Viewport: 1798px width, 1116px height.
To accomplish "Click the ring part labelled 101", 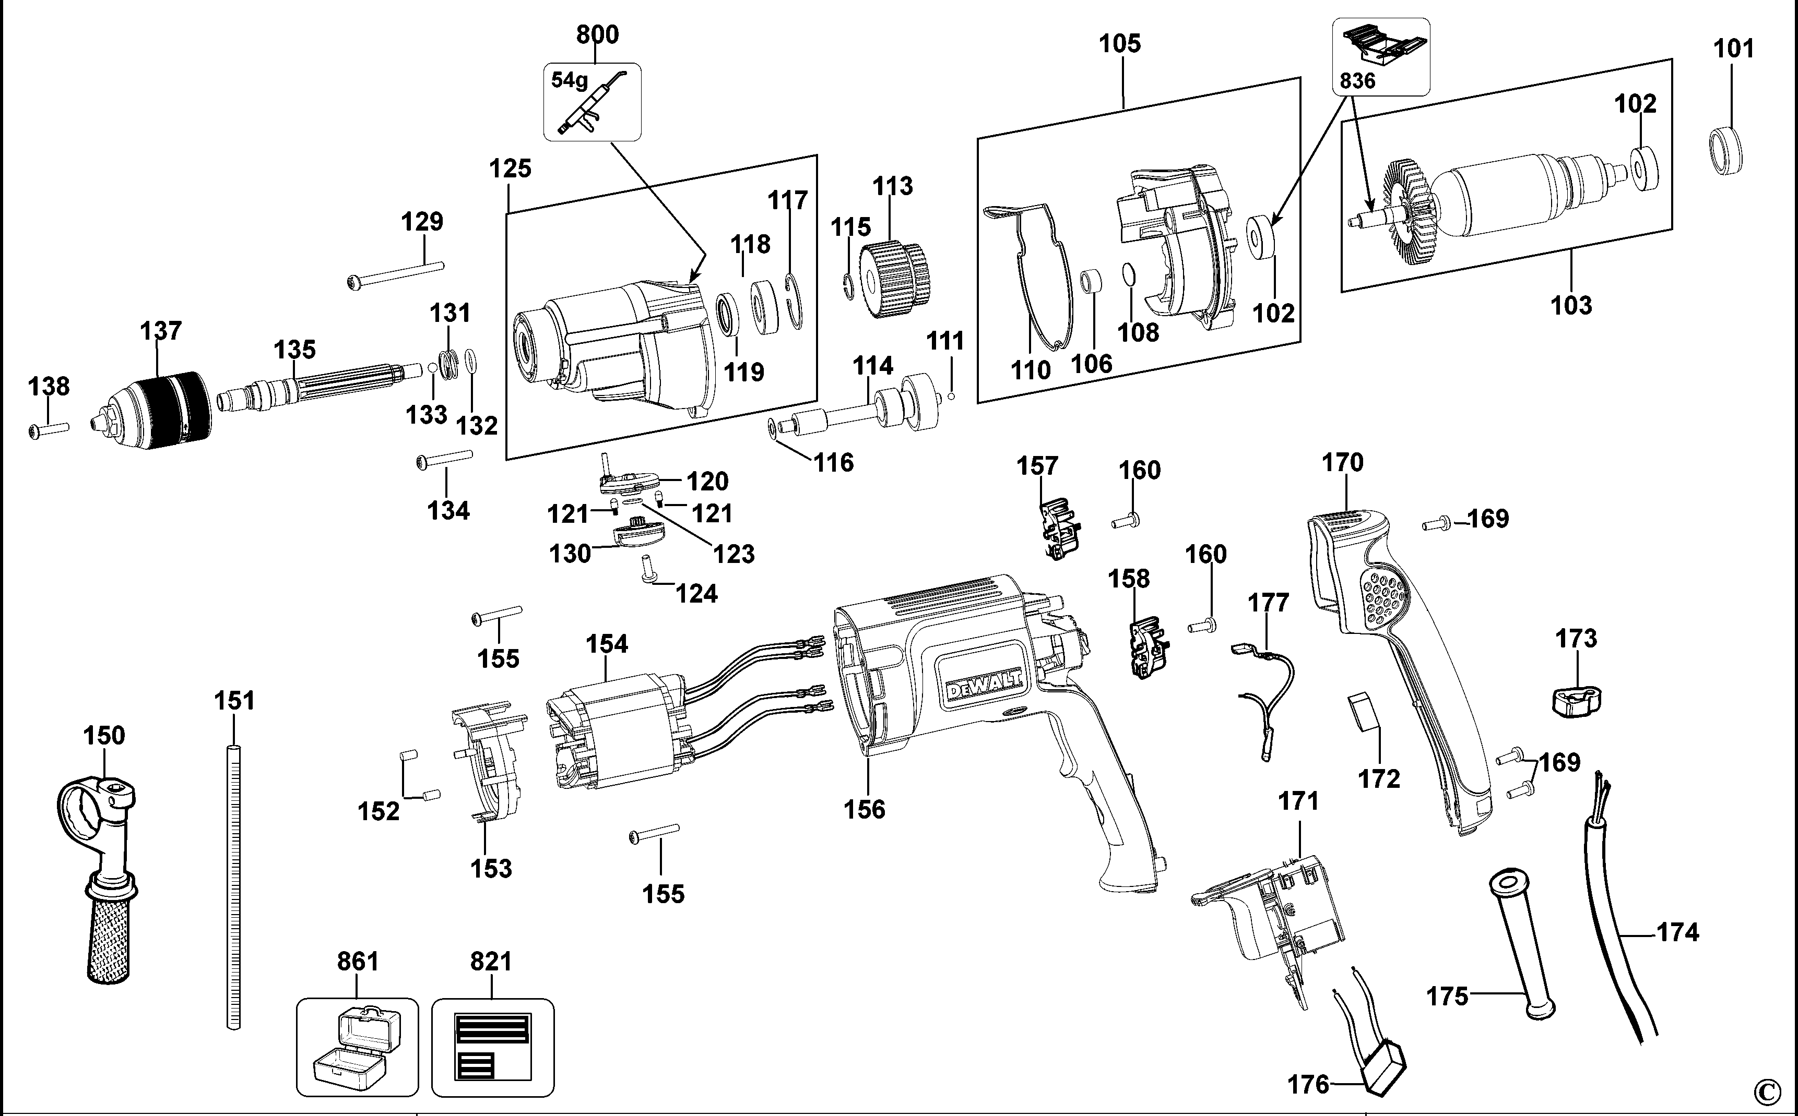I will point(1726,152).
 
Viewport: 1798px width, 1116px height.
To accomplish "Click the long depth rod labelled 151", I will point(233,886).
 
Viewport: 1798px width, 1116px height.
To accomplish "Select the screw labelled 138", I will point(49,430).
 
